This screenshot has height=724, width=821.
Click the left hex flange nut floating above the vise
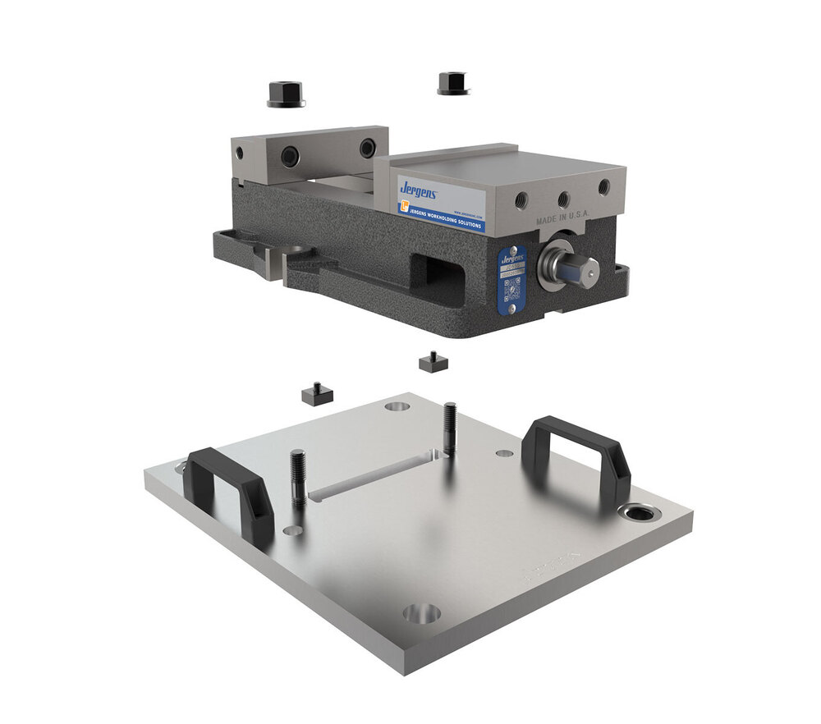286,94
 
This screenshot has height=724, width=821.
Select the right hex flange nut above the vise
452,84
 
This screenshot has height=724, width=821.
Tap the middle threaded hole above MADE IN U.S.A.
563,199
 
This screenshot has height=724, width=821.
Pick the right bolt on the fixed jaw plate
367,148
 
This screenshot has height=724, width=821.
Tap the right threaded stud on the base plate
450,426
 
